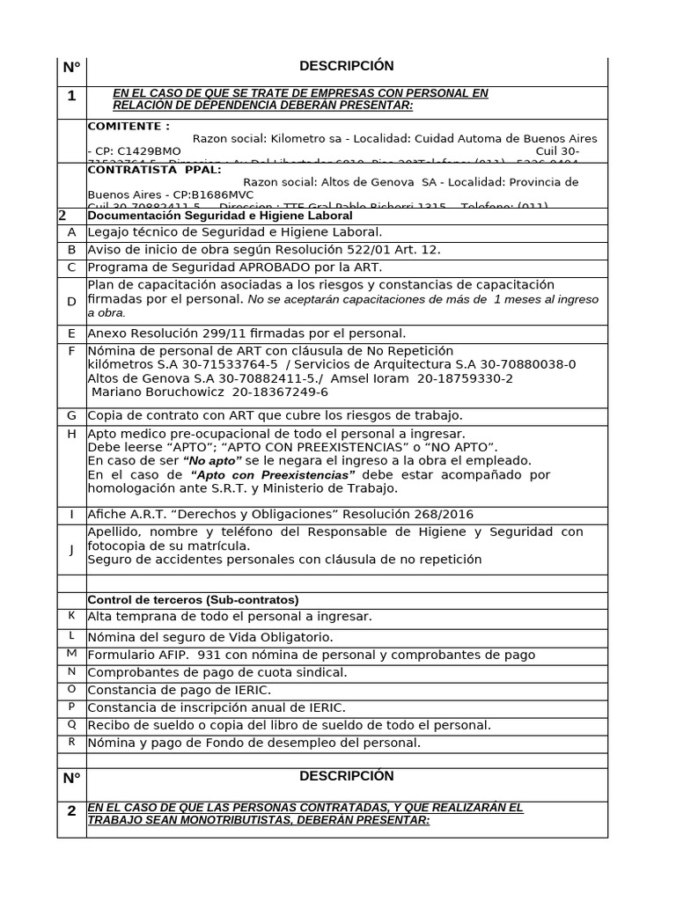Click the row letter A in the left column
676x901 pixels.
pyautogui.click(x=71, y=232)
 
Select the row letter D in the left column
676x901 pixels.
pyautogui.click(x=71, y=302)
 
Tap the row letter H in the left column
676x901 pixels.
pyautogui.click(x=71, y=434)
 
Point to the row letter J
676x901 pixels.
pyautogui.click(x=71, y=549)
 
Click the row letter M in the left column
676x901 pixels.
pyautogui.click(x=71, y=653)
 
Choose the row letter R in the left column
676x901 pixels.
pyautogui.click(x=71, y=741)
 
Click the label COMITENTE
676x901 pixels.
pyautogui.click(x=129, y=126)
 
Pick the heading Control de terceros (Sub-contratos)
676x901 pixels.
pyautogui.click(x=193, y=600)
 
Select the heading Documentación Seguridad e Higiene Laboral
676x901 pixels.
pyautogui.click(x=220, y=216)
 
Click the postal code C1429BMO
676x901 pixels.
pyautogui.click(x=137, y=151)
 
